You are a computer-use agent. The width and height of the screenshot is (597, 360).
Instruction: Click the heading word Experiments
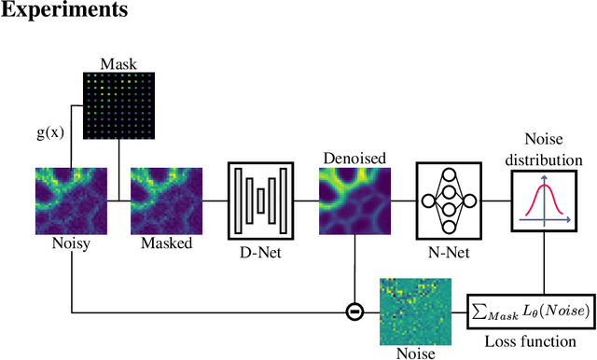pyautogui.click(x=63, y=12)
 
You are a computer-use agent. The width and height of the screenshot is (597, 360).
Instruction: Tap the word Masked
pyautogui.click(x=167, y=243)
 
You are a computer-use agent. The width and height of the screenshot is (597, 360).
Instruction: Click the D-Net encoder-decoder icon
pyautogui.click(x=261, y=201)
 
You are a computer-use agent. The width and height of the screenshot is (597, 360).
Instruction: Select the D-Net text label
pyautogui.click(x=261, y=252)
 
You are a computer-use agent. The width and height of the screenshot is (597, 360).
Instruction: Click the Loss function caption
pyautogui.click(x=528, y=343)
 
